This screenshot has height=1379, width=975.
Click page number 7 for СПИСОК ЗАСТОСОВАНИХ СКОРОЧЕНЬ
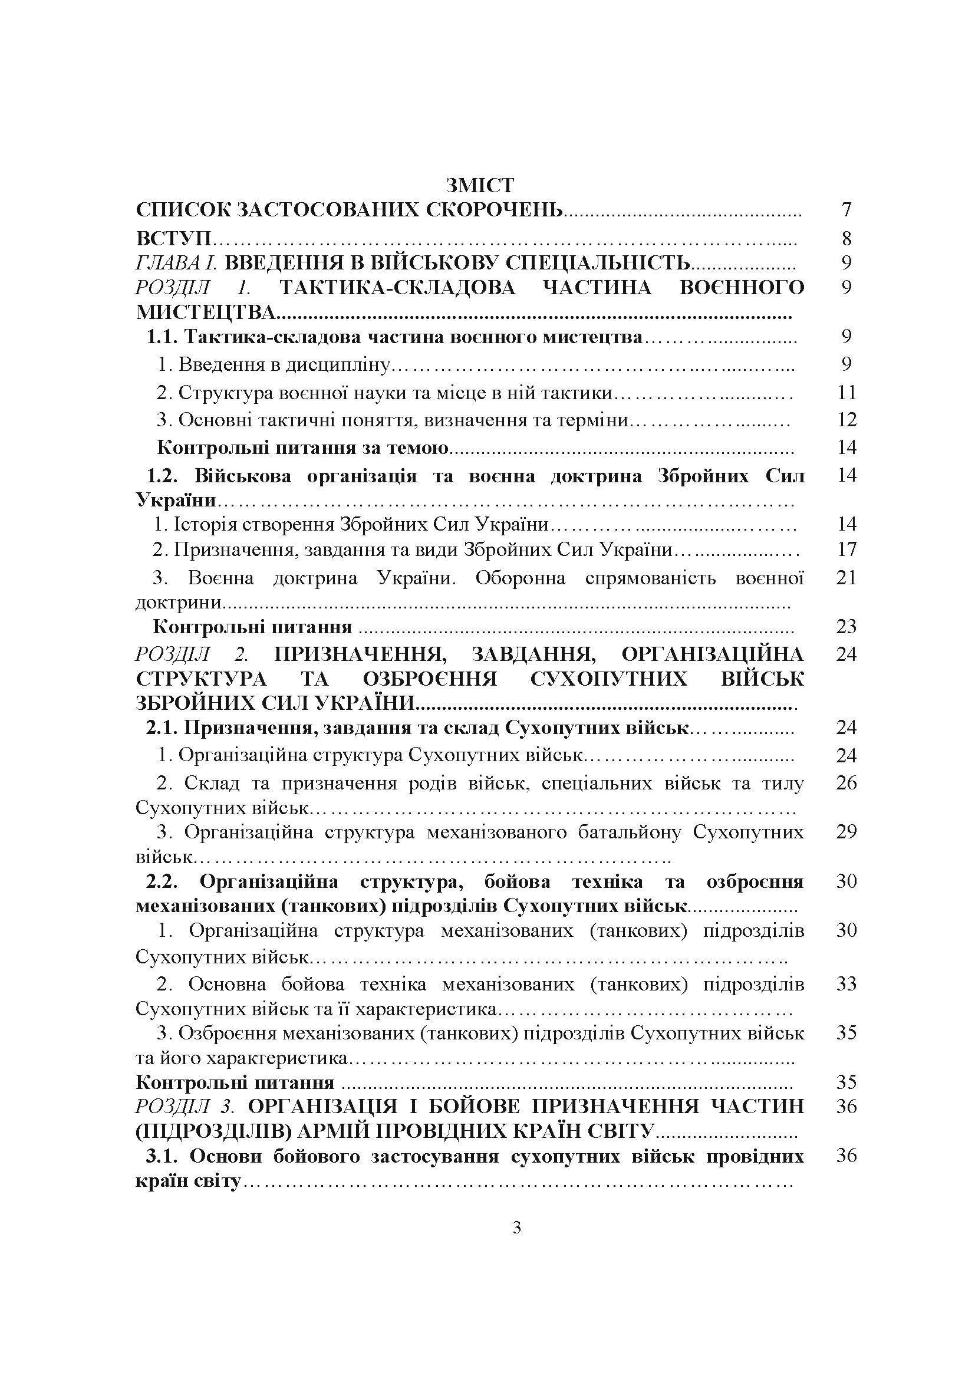pos(846,210)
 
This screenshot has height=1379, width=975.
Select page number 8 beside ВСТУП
pos(846,238)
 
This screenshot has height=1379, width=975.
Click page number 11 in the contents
pos(846,393)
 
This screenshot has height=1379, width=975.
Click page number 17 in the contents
pos(846,549)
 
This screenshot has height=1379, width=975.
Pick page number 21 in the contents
pos(846,578)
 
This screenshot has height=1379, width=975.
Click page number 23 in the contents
pos(846,627)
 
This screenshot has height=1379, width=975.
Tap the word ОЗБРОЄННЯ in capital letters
pos(430,679)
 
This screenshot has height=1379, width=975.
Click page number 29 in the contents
pos(846,832)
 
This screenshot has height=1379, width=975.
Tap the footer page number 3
pos(516,1227)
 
